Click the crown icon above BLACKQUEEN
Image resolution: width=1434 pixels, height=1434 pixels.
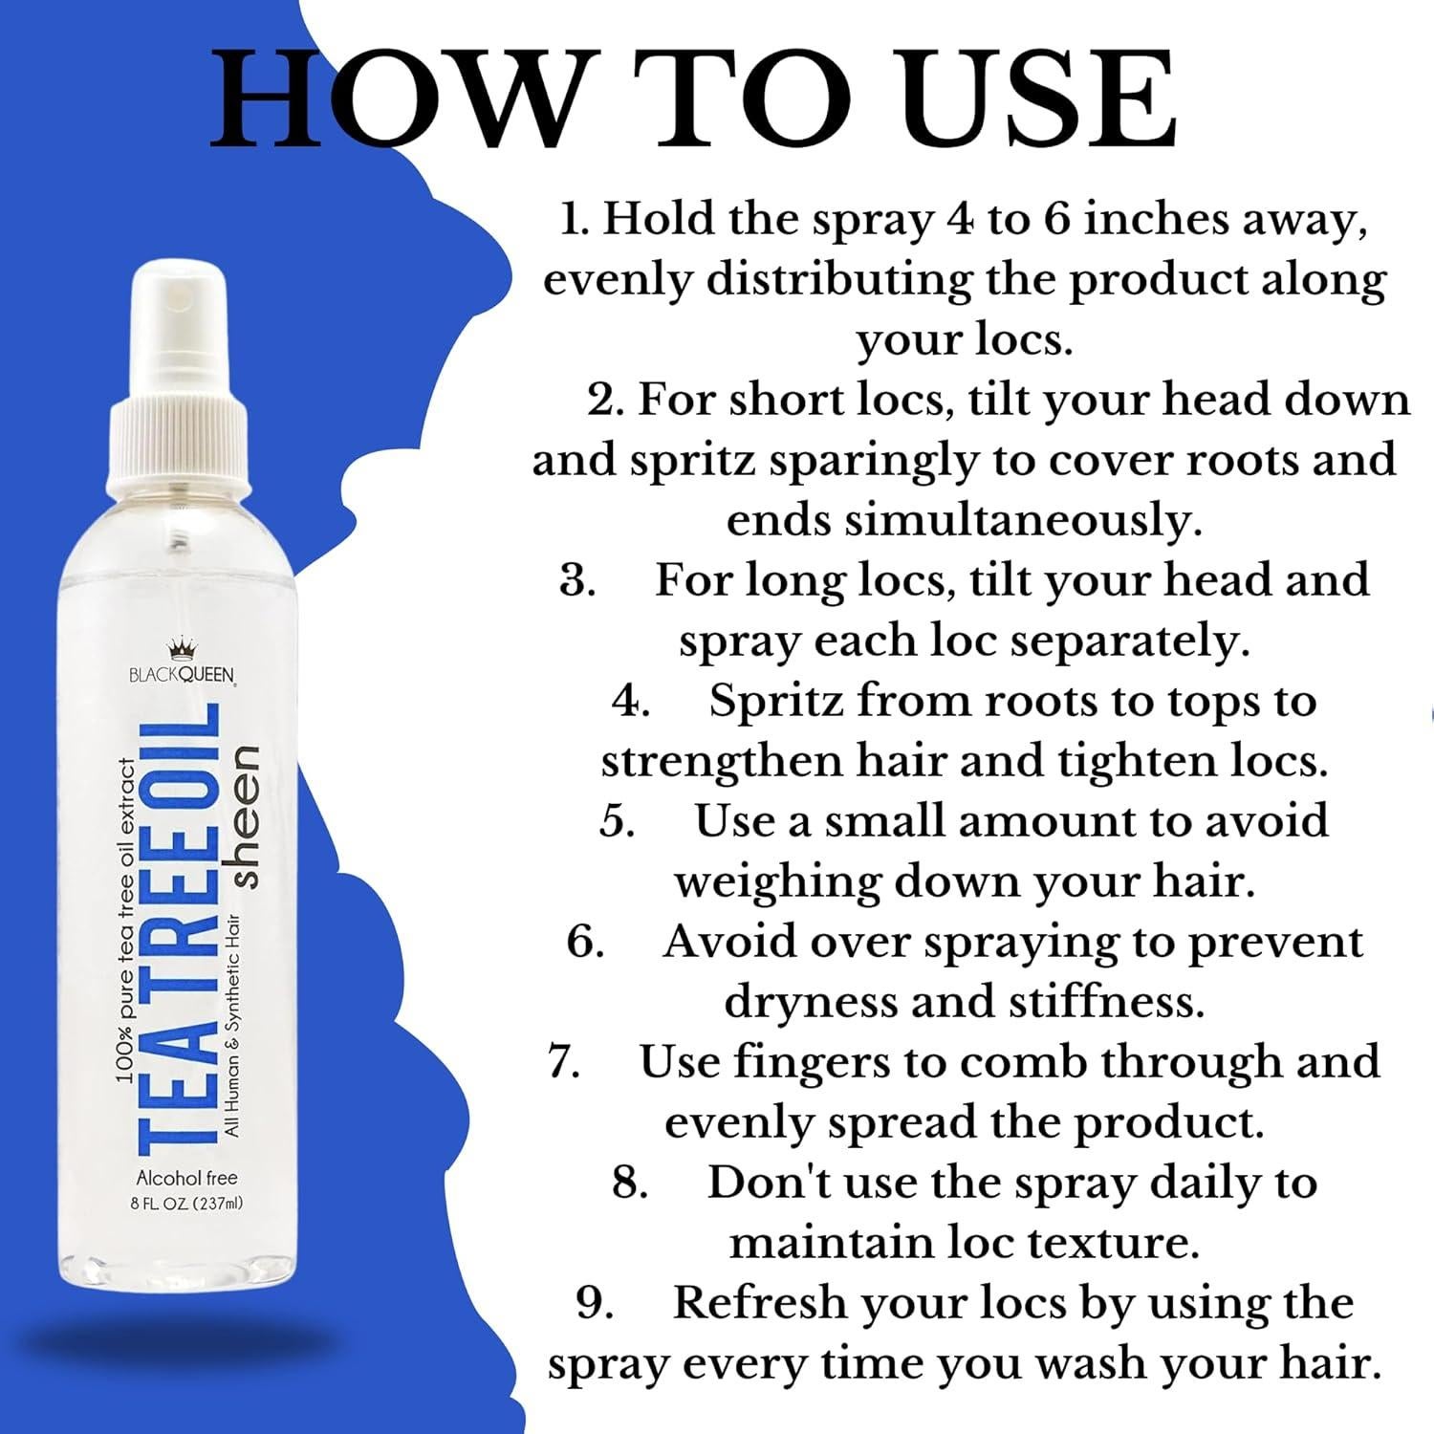point(182,652)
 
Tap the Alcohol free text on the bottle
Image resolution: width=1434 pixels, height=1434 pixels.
point(186,1178)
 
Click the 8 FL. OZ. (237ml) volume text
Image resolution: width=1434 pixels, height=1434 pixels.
point(186,1204)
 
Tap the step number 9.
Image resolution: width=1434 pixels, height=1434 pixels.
point(596,1304)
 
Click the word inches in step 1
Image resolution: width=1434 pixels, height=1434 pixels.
point(1140,220)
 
